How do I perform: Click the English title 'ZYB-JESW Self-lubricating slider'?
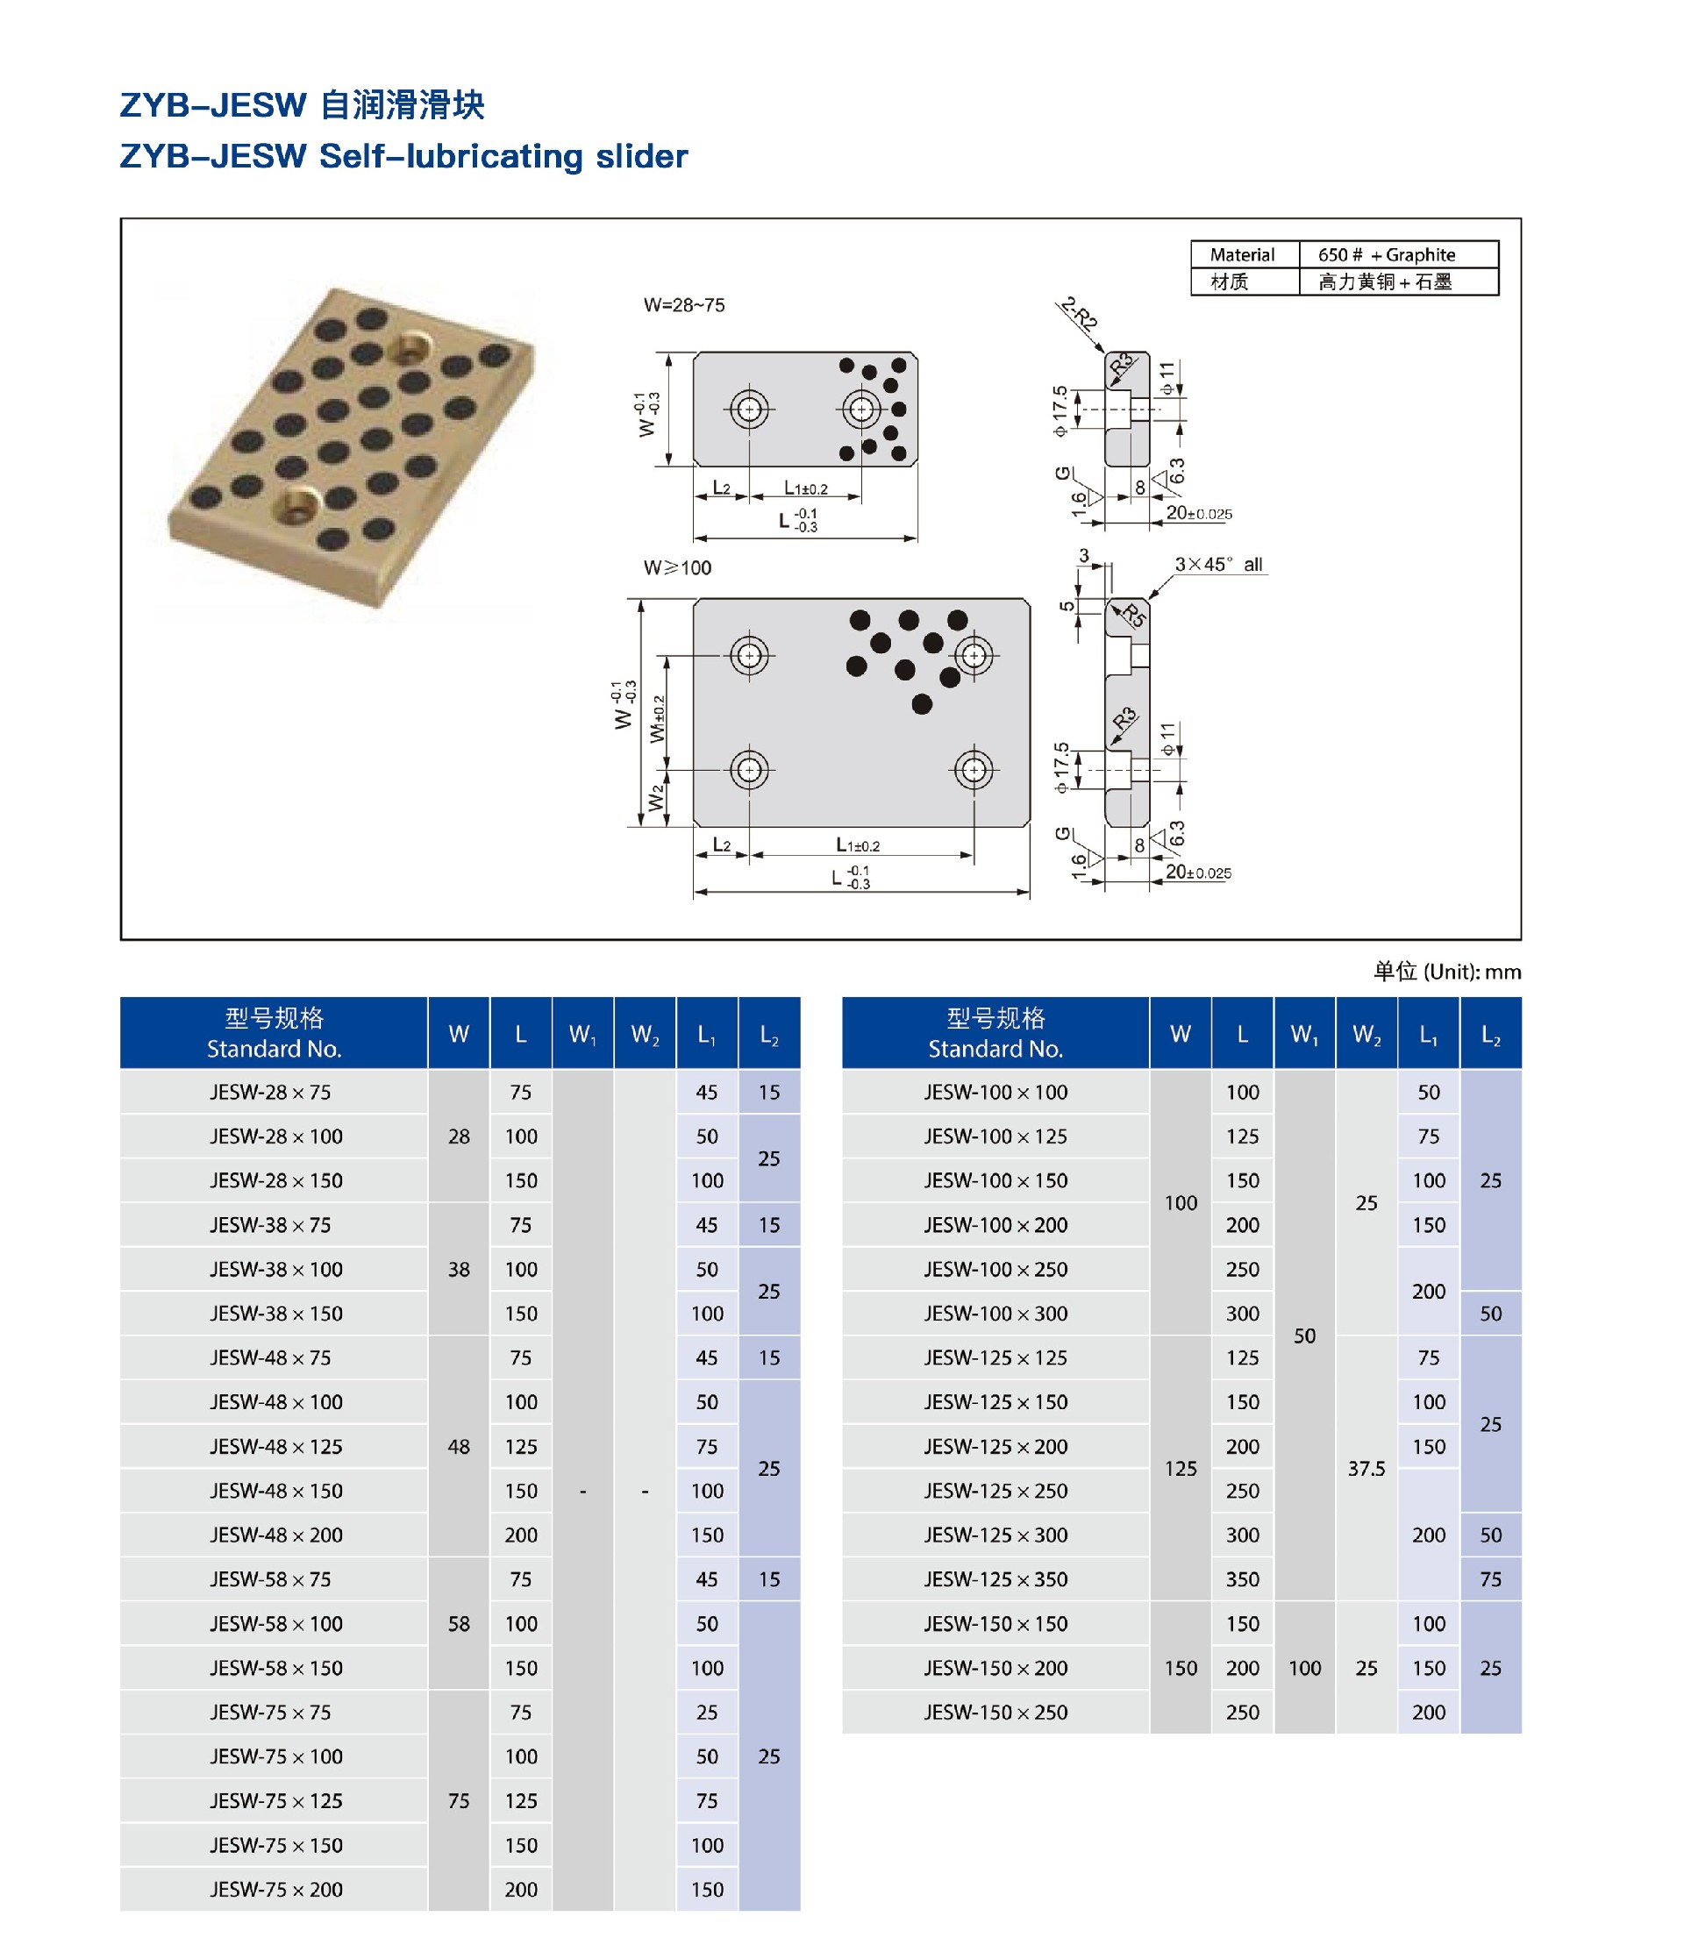coord(403,156)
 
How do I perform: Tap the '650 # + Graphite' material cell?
coord(1386,254)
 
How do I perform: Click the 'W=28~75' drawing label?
coord(683,305)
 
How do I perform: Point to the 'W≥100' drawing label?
coord(677,567)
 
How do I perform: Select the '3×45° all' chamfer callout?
coord(1218,565)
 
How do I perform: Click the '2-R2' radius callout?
coord(1079,313)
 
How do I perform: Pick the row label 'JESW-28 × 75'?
coord(270,1092)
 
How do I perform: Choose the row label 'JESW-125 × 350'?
coord(995,1579)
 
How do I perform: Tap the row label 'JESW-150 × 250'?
coord(995,1713)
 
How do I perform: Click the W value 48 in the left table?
coord(459,1447)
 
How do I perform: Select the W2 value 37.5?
coord(1366,1468)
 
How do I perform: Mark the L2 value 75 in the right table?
coord(1490,1579)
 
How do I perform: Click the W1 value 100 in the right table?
coord(1304,1668)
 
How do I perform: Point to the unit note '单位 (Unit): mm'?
coord(1446,971)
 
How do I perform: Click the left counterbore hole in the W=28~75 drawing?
coord(749,410)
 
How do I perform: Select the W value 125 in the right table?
coord(1180,1468)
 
